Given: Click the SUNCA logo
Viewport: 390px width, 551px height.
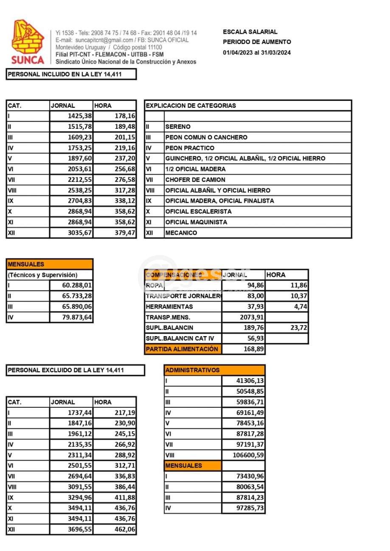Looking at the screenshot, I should click(28, 42).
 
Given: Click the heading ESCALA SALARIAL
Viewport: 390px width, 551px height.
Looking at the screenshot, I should click(250, 32).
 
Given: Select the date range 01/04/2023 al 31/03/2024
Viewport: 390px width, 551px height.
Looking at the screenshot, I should click(257, 53).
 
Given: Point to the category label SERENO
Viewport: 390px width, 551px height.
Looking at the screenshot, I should click(178, 127).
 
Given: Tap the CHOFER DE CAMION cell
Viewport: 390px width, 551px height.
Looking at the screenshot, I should click(195, 180).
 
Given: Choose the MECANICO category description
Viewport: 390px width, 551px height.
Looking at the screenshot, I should click(181, 233).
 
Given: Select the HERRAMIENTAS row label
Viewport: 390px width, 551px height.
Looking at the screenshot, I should click(169, 306).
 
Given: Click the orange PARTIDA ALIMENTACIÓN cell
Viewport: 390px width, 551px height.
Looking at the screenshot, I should click(182, 349).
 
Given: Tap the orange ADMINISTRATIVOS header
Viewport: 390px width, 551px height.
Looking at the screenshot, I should click(193, 370).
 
